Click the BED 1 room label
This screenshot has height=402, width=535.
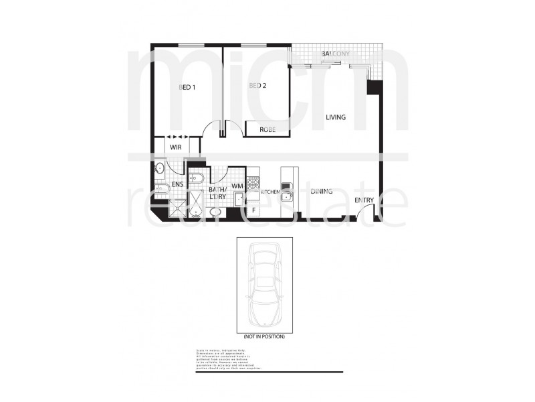[x=187, y=87]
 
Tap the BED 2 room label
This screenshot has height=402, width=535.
[x=258, y=86]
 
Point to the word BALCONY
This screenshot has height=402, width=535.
[x=336, y=54]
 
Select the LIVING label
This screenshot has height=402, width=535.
[x=336, y=117]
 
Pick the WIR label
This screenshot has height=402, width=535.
[x=176, y=147]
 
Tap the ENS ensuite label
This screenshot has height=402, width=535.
[x=177, y=184]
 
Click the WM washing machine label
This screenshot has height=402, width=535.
[x=237, y=186]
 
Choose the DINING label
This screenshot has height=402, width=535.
[x=322, y=192]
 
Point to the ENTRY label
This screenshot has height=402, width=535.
[x=364, y=200]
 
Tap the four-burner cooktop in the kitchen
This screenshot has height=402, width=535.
[x=253, y=181]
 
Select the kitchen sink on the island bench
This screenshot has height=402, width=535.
[x=287, y=196]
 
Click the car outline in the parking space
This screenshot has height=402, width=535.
[x=263, y=284]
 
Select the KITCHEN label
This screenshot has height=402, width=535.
[x=269, y=192]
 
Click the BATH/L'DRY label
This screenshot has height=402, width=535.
[x=219, y=192]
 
